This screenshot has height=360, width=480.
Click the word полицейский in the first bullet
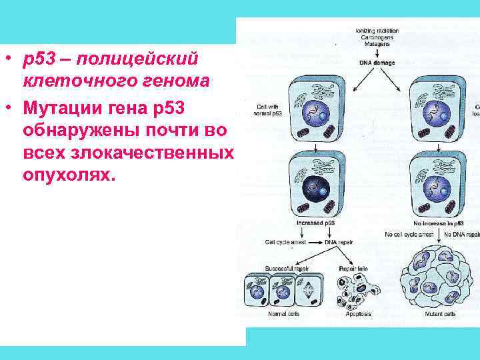[x=136, y=59]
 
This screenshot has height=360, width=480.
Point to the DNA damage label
[x=377, y=62]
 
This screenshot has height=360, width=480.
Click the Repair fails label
[x=353, y=268]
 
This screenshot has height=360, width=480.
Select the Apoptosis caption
[x=359, y=313]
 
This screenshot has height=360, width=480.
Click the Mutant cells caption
[x=441, y=313]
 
